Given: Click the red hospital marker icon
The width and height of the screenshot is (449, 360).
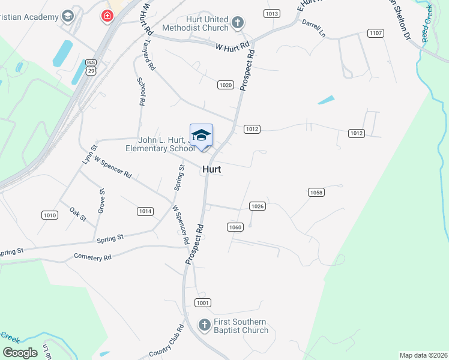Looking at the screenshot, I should pos(107,16).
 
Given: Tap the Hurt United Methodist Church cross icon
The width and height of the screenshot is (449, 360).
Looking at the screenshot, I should pos(238,23).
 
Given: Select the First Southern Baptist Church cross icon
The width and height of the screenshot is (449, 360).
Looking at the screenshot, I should pos(205,325).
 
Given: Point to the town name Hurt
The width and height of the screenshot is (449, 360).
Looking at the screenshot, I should pos(211,170).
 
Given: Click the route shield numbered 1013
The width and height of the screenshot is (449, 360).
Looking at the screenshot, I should pos(272,13).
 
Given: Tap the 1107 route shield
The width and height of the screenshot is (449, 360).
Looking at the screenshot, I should pos(376,33).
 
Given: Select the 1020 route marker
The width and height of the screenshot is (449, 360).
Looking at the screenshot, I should pos(226,85).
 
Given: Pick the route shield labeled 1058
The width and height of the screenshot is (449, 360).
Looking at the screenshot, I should pos(316,192).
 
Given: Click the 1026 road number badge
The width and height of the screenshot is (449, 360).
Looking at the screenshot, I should pos(257,206).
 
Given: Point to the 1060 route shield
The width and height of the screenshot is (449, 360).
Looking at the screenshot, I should pos(235,227).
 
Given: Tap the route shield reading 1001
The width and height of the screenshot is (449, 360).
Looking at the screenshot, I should pos(203,302).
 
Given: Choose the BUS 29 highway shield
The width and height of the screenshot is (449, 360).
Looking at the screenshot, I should pos(91,67).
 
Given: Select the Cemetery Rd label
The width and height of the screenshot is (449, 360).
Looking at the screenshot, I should pos(92,257).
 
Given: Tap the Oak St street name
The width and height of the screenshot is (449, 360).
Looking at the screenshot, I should pos(78,212).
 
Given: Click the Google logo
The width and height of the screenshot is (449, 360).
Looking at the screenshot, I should pos(20,352).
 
